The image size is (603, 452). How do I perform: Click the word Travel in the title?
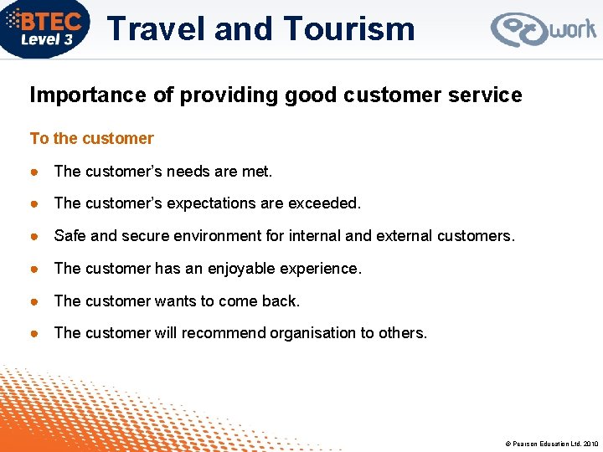tap(157, 29)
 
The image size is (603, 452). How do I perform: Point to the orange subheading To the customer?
tap(92, 138)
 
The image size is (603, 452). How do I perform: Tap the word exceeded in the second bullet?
tap(325, 203)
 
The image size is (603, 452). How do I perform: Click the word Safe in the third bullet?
tap(70, 236)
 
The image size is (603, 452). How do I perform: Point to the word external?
tap(404, 236)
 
